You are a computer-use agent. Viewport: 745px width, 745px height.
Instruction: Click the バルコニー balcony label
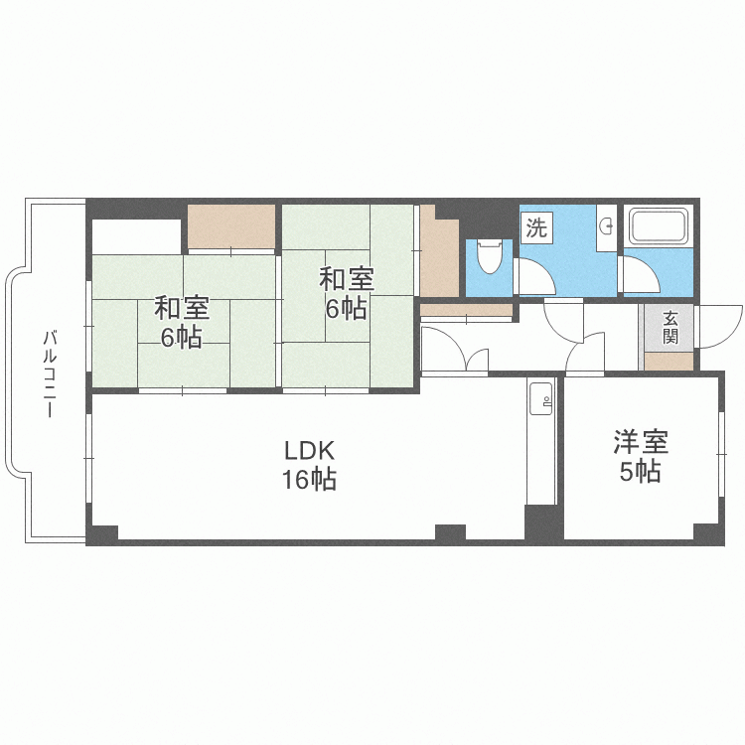point(49,374)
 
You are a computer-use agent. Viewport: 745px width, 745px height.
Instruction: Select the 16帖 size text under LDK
point(309,480)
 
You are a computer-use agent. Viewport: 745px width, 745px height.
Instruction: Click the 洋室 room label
point(640,440)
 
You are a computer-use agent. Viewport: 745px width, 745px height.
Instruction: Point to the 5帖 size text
point(640,472)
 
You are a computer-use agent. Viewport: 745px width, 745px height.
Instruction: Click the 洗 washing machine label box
point(535,227)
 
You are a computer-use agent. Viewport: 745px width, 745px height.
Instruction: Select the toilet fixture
point(488,256)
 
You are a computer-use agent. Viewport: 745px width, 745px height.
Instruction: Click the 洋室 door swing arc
point(587,354)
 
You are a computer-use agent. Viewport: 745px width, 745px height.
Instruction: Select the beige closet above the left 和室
point(231,226)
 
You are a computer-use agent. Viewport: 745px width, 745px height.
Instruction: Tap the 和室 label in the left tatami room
point(182,307)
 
